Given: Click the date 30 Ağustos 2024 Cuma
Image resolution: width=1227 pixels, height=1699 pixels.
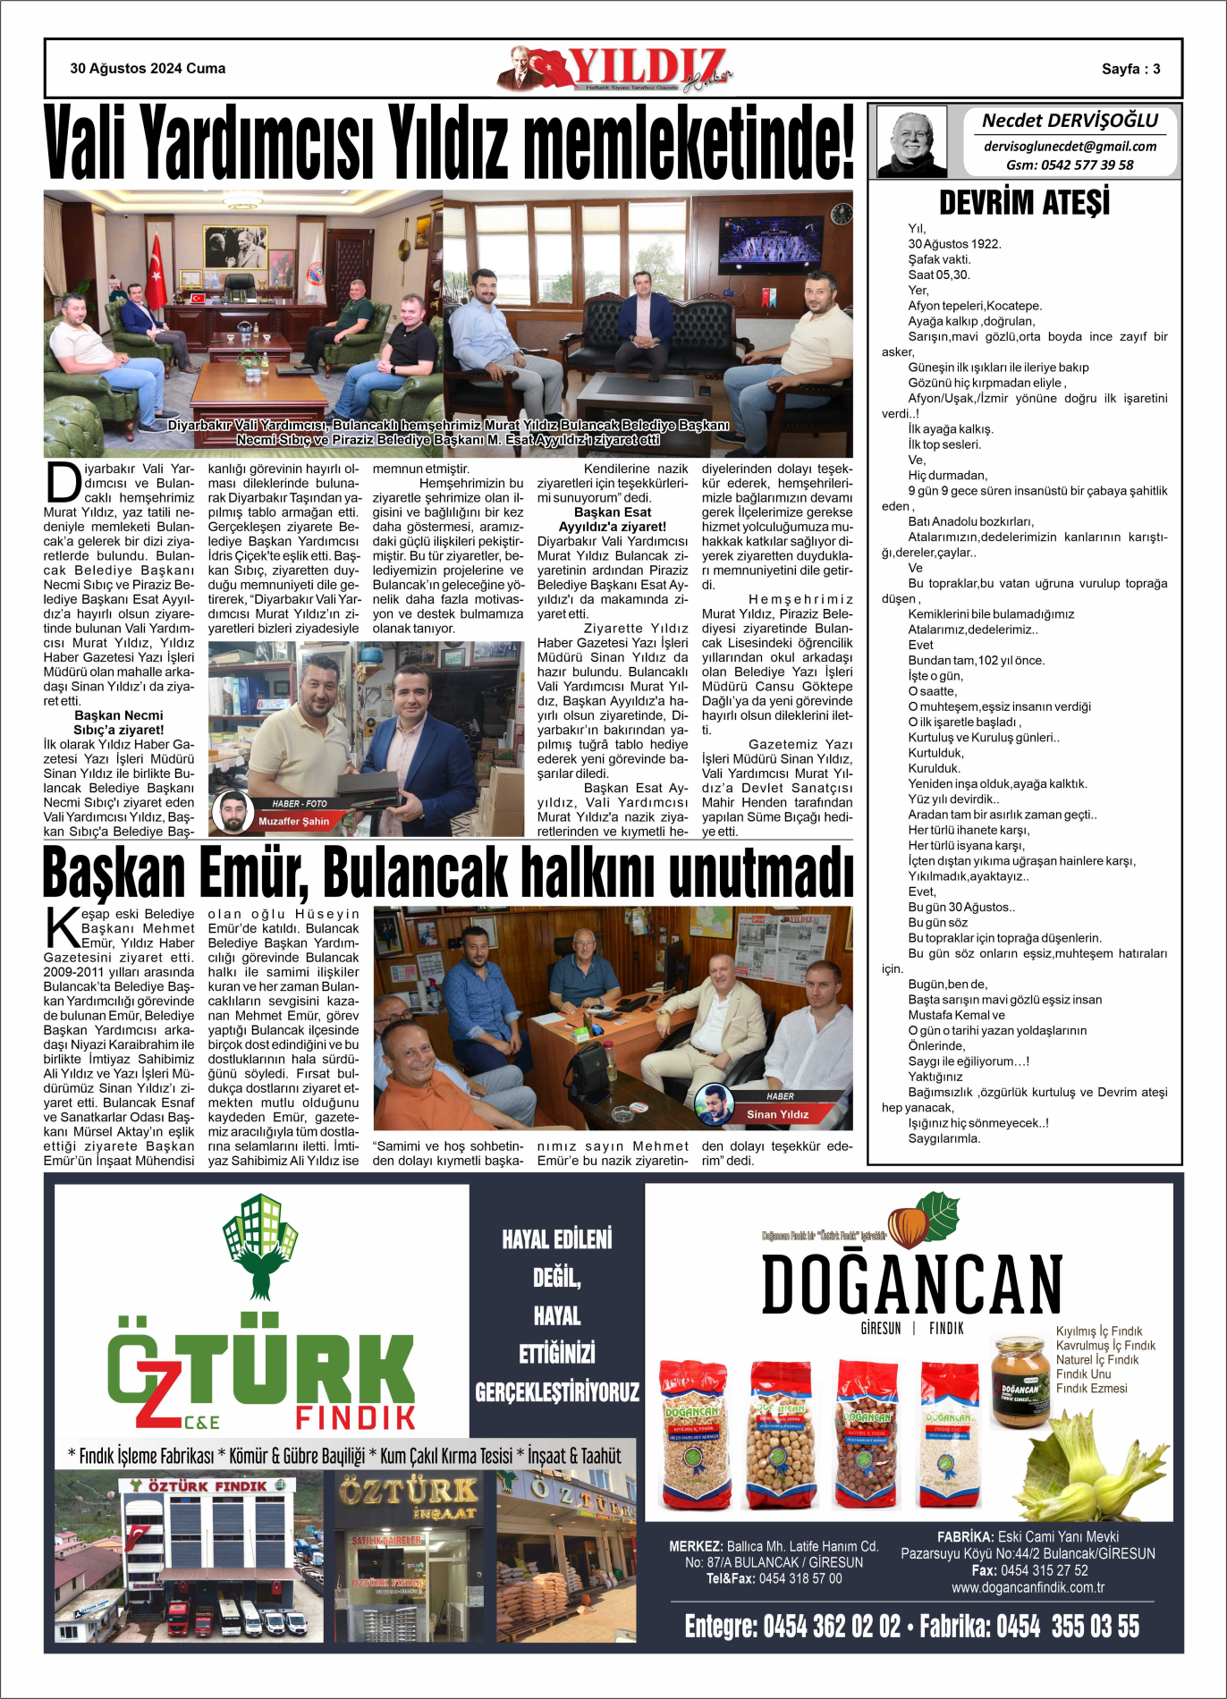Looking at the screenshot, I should pyautogui.click(x=148, y=69).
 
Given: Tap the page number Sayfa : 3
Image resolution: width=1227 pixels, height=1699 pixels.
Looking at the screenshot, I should pyautogui.click(x=1130, y=69).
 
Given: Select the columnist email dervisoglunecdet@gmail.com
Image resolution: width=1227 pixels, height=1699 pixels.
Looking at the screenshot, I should pyautogui.click(x=1070, y=147).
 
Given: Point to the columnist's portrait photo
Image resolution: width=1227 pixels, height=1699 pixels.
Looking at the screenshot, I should pyautogui.click(x=911, y=141).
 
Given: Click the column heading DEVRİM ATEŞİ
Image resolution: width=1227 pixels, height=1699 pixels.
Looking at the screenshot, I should pyautogui.click(x=1024, y=203).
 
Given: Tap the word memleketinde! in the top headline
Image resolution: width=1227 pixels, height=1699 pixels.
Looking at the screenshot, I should pyautogui.click(x=688, y=143).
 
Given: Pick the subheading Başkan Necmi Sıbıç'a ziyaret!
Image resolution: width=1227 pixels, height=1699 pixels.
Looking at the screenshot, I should pyautogui.click(x=119, y=723).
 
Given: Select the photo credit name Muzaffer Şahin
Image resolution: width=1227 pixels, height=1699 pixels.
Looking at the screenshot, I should pyautogui.click(x=293, y=821).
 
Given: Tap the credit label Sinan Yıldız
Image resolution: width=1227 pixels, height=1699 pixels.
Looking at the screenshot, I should pyautogui.click(x=777, y=1114).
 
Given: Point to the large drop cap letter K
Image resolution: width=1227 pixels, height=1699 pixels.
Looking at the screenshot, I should pyautogui.click(x=62, y=927).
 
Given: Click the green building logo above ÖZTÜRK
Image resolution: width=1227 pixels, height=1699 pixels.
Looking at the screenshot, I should pyautogui.click(x=260, y=1244).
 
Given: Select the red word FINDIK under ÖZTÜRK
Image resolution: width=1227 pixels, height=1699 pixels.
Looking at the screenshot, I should pyautogui.click(x=355, y=1417).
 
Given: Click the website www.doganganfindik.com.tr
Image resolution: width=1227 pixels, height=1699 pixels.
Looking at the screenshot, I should pyautogui.click(x=1028, y=1587).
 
